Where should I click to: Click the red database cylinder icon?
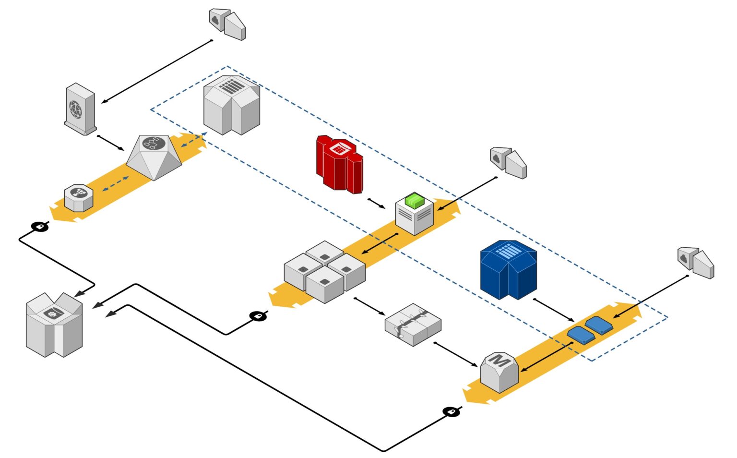click(x=339, y=164)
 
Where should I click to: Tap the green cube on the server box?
click(x=415, y=200)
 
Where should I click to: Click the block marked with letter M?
click(x=499, y=372)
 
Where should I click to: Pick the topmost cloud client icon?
click(x=227, y=24)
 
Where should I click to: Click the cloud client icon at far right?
click(x=696, y=262)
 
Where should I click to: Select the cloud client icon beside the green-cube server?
click(x=508, y=162)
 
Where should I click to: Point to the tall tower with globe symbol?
click(x=80, y=109)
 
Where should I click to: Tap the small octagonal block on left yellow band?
click(x=79, y=197)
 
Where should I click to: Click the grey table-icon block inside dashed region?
click(x=232, y=105)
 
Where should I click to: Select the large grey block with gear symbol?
click(x=54, y=325)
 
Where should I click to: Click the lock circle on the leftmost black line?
click(x=40, y=226)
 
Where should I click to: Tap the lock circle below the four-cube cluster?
click(x=258, y=316)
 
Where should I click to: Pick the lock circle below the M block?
click(x=451, y=411)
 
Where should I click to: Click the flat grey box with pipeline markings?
click(x=413, y=324)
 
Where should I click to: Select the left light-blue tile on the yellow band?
click(x=581, y=335)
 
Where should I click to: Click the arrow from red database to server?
click(x=377, y=204)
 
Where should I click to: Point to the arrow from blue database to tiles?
click(x=554, y=310)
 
